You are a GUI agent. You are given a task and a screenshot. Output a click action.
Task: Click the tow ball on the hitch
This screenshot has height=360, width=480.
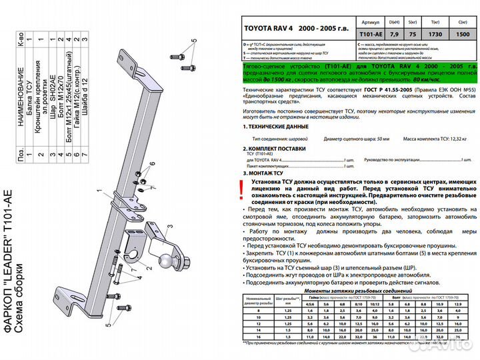tap(163, 262)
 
